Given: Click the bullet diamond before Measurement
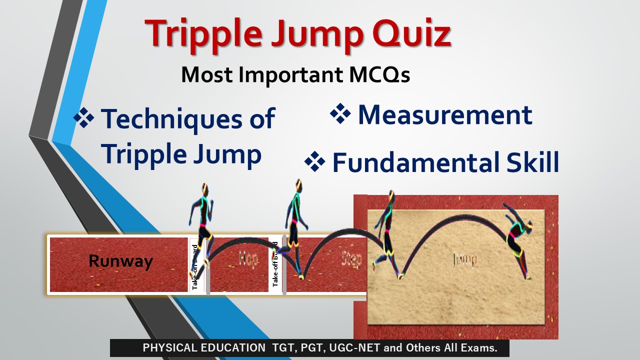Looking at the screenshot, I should [x=340, y=113].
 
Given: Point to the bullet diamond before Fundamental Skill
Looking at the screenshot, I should [x=315, y=162].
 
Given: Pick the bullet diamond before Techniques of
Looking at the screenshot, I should [x=83, y=117].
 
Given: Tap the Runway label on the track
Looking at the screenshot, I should [x=120, y=260].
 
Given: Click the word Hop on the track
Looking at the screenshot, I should [x=248, y=258].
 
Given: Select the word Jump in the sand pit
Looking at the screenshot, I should [x=464, y=259].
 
